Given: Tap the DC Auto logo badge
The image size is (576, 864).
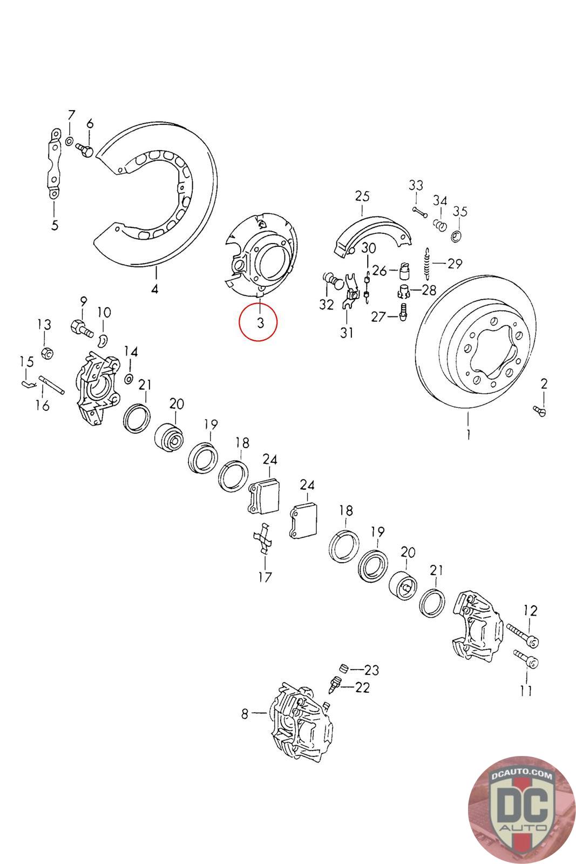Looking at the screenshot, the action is click(x=520, y=808).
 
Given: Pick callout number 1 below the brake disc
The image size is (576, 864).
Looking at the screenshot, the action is click(x=469, y=434).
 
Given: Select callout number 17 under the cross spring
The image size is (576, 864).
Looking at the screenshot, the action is click(x=265, y=576).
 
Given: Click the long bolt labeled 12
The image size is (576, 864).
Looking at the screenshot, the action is click(x=520, y=636).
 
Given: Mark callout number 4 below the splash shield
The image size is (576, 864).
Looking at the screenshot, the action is click(x=155, y=289).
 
